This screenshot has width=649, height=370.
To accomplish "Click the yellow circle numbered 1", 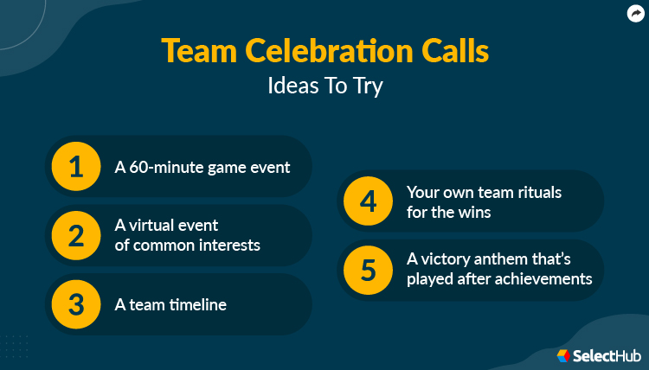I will pyautogui.click(x=76, y=166).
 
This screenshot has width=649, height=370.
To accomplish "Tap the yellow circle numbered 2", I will pyautogui.click(x=76, y=235).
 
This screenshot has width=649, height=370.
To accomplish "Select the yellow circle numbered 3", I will pyautogui.click(x=76, y=304).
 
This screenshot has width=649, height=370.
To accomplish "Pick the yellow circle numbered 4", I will pyautogui.click(x=368, y=201).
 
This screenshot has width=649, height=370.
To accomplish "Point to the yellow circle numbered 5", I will pyautogui.click(x=368, y=270).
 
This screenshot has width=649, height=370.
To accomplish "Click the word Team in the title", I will pyautogui.click(x=196, y=51).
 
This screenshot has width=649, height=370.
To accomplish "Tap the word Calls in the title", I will pyautogui.click(x=455, y=51).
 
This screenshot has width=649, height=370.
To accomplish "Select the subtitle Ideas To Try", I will pyautogui.click(x=324, y=86).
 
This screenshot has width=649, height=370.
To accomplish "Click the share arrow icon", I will pyautogui.click(x=636, y=13).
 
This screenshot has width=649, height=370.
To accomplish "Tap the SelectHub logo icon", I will pyautogui.click(x=563, y=355).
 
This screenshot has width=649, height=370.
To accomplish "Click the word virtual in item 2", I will pyautogui.click(x=156, y=226).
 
